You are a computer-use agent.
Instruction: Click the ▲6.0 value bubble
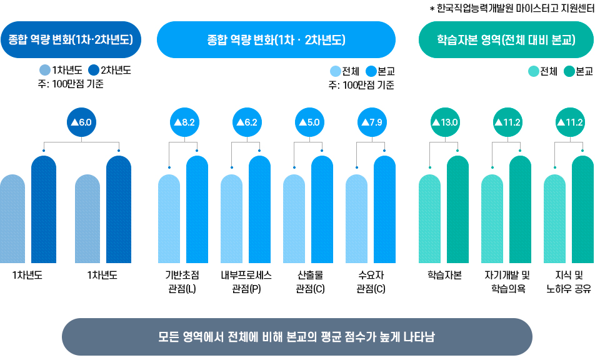pos(81,122)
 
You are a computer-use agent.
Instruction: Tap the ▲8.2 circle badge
pos(183,122)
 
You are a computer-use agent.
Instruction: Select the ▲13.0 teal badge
pos(444,122)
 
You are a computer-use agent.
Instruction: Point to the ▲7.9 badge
pos(370,122)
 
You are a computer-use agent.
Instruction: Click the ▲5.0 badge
pos(307,122)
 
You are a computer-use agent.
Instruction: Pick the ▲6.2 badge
pos(246,122)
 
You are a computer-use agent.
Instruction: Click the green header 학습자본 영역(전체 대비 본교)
pos(505,40)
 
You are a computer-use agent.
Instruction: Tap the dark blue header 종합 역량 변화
pos(71,40)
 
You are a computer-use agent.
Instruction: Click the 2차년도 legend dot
pos(94,70)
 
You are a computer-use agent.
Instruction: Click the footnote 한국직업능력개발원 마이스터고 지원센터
pos(511,8)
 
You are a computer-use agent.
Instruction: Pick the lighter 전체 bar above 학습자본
pos(429,219)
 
